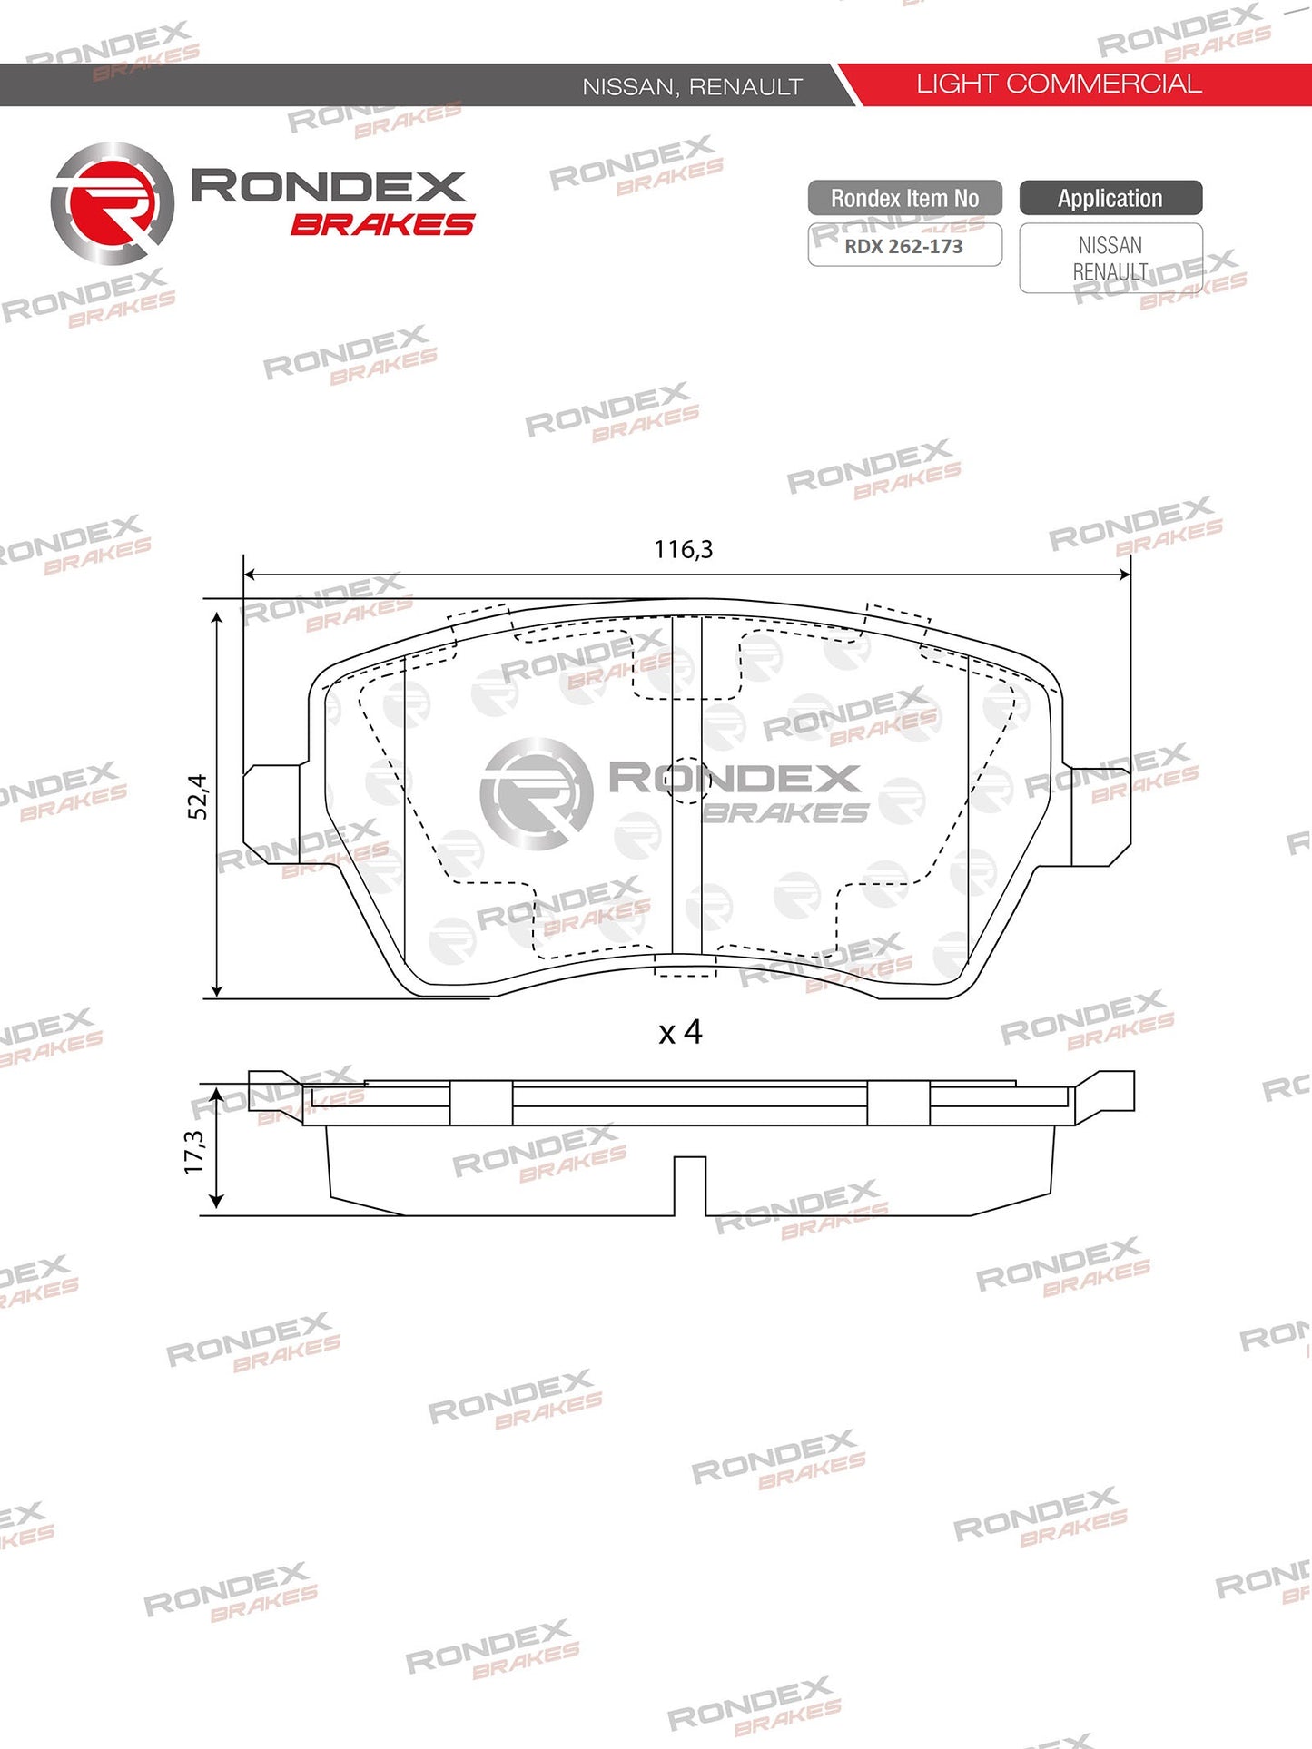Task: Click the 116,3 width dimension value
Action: click(x=683, y=549)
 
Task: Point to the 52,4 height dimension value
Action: click(x=197, y=797)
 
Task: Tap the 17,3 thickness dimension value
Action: click(x=194, y=1151)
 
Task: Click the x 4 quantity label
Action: click(x=680, y=1032)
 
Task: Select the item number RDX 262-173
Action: click(x=903, y=246)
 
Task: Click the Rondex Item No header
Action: click(x=904, y=198)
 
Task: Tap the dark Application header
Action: click(x=1110, y=198)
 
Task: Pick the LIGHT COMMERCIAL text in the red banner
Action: click(x=1059, y=84)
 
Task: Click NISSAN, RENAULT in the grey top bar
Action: click(x=692, y=87)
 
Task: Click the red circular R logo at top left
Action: click(x=112, y=202)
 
